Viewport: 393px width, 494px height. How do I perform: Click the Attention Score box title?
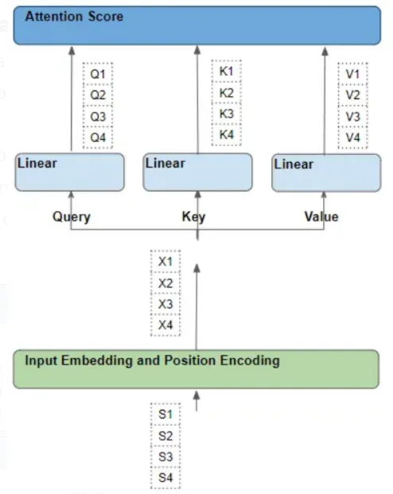(74, 17)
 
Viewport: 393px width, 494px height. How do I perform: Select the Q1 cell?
(98, 74)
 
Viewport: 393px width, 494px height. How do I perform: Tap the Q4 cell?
(98, 137)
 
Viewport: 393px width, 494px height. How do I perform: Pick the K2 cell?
(226, 93)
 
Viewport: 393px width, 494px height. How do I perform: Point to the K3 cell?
(226, 114)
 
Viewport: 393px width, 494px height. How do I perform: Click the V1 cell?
(352, 74)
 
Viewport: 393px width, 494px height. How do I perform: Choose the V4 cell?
(352, 137)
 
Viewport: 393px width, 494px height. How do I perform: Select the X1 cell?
(165, 261)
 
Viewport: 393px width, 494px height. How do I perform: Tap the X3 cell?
(165, 303)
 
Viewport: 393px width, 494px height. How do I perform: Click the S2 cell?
(165, 435)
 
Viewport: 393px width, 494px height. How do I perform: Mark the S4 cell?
(165, 477)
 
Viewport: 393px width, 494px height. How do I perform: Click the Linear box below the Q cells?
(70, 172)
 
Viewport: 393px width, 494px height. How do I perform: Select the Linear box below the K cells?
(197, 172)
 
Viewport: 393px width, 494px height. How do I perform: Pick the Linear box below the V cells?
(326, 172)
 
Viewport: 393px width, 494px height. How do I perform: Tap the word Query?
(72, 217)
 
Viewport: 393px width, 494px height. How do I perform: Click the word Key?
(193, 217)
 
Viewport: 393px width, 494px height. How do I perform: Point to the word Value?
(321, 217)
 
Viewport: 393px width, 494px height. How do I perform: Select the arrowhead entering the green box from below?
(196, 396)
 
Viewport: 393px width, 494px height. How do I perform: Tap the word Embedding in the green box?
(96, 361)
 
